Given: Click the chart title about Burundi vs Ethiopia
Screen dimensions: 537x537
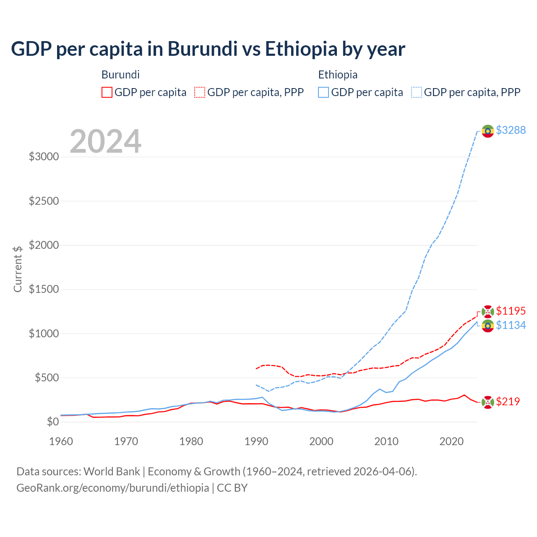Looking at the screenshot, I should [x=208, y=49].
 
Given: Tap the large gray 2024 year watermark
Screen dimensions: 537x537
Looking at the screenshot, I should [x=105, y=141].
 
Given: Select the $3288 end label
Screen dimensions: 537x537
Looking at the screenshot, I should [x=511, y=130].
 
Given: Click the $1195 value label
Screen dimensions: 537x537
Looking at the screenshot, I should [x=511, y=311].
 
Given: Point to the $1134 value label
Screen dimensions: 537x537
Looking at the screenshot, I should [x=511, y=325].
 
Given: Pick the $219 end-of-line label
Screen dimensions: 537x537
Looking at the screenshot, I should [x=508, y=401].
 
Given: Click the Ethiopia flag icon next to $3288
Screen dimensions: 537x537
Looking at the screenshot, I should [x=487, y=131].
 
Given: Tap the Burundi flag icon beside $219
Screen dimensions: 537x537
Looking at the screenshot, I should [x=487, y=402].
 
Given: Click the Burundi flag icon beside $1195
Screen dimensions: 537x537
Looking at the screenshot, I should [x=487, y=311].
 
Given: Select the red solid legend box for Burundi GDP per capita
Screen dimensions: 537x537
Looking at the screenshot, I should [x=107, y=92].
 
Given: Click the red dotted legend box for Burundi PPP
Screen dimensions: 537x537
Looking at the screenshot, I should [x=200, y=92].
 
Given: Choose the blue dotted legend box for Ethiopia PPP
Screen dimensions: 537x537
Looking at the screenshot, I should [x=417, y=92].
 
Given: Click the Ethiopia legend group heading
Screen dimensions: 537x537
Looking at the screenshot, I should [x=338, y=75].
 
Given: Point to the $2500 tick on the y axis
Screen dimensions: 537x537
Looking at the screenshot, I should [x=44, y=201].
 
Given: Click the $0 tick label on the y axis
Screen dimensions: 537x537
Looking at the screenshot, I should [x=52, y=422].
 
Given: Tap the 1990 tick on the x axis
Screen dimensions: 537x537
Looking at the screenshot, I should [x=256, y=441].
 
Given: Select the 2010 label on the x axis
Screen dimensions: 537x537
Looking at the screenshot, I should [x=386, y=441].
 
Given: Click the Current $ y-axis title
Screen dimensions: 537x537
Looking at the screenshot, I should [x=18, y=269].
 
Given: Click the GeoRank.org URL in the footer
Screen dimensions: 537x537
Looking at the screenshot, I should [x=112, y=488].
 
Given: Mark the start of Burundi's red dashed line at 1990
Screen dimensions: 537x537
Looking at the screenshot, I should [x=256, y=369].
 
